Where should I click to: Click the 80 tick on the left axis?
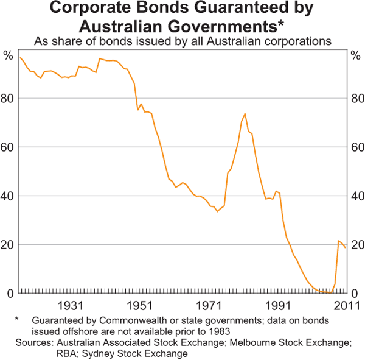pyautogui.click(x=8, y=99)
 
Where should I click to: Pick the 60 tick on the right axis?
pyautogui.click(x=356, y=147)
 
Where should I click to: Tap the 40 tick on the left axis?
pyautogui.click(x=8, y=196)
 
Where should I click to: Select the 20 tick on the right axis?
pyautogui.click(x=356, y=245)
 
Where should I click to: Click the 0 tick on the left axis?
pyautogui.click(x=10, y=294)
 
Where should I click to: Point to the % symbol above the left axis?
pyautogui.click(x=8, y=56)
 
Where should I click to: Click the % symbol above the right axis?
pyautogui.click(x=356, y=56)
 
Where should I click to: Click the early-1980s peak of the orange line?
pyautogui.click(x=245, y=114)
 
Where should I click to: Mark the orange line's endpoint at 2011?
pyautogui.click(x=346, y=247)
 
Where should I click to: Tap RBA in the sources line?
pyautogui.click(x=26, y=354)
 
